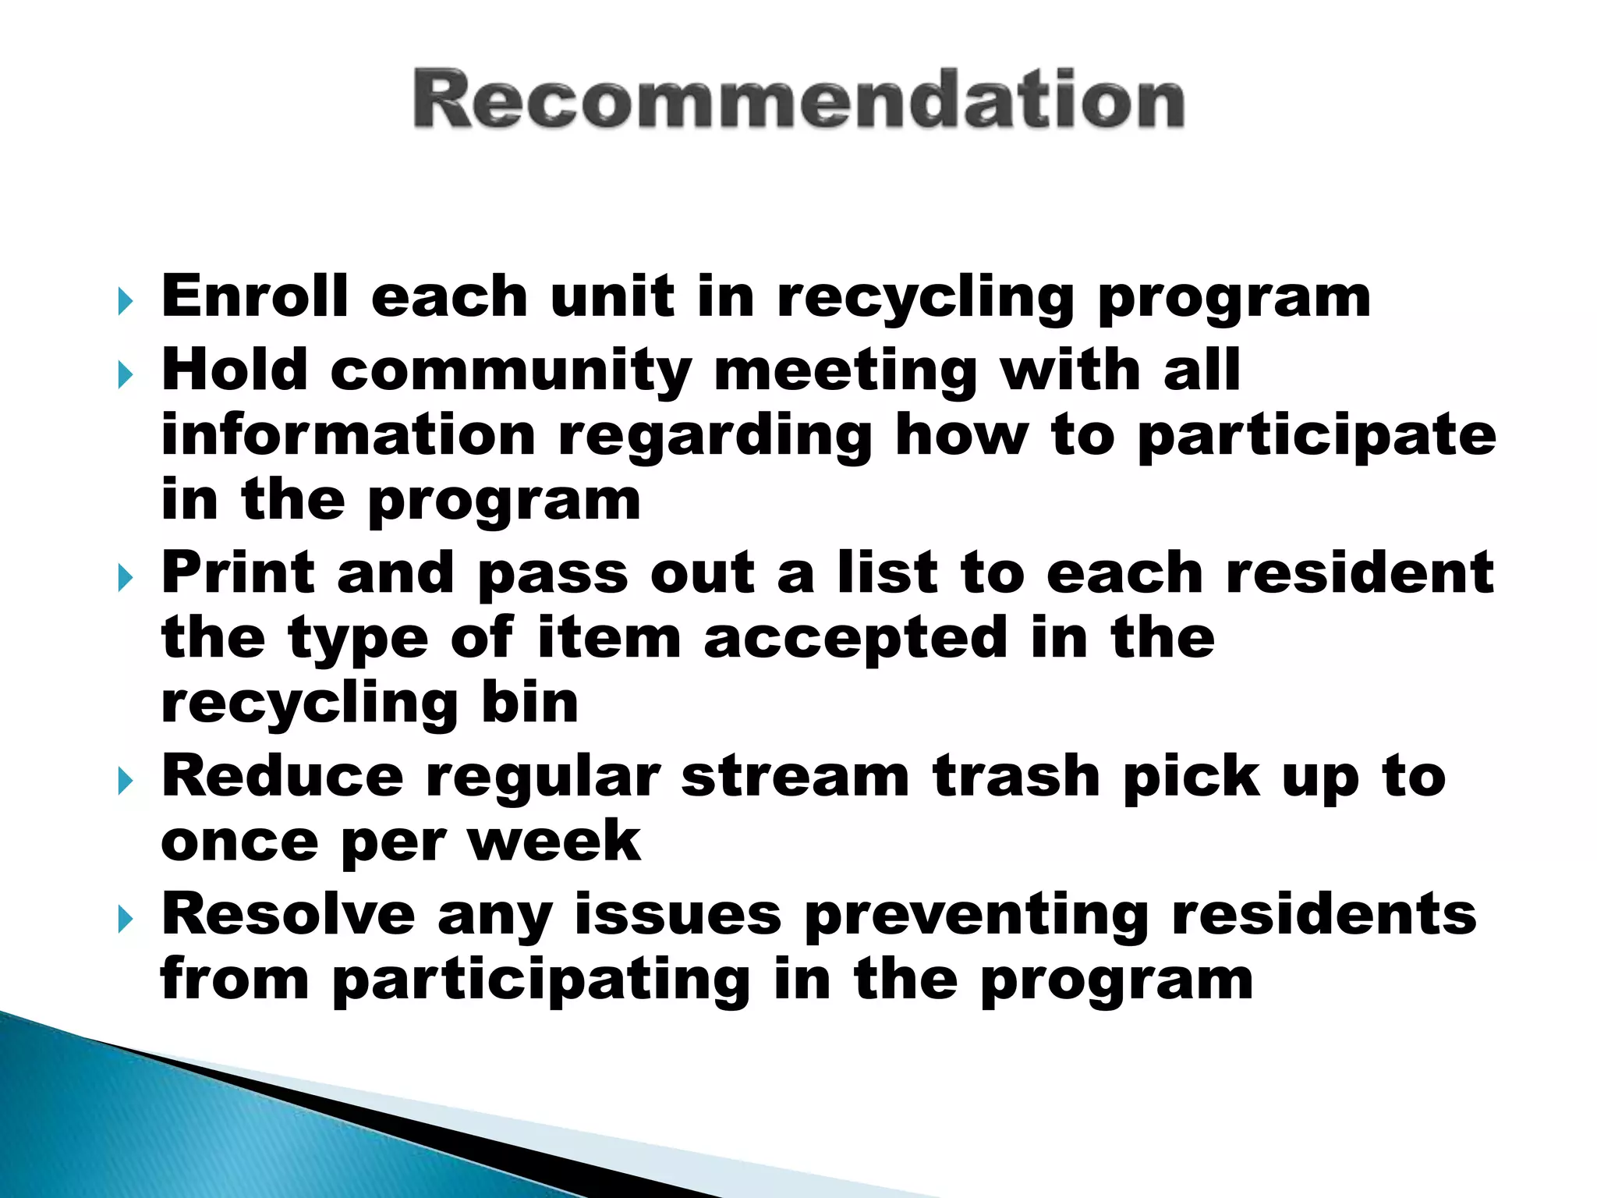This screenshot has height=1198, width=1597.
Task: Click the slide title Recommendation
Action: (x=798, y=100)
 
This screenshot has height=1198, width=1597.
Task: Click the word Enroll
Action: (x=254, y=296)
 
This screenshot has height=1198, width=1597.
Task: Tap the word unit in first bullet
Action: (x=612, y=296)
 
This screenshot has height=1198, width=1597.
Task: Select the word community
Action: (x=511, y=370)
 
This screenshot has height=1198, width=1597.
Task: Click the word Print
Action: (x=238, y=573)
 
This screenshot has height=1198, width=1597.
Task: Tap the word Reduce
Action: (x=282, y=777)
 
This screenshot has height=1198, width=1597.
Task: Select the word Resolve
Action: (x=288, y=914)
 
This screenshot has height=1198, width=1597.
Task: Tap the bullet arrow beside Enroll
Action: (x=125, y=301)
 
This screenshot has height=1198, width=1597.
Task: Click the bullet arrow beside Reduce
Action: (x=125, y=782)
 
